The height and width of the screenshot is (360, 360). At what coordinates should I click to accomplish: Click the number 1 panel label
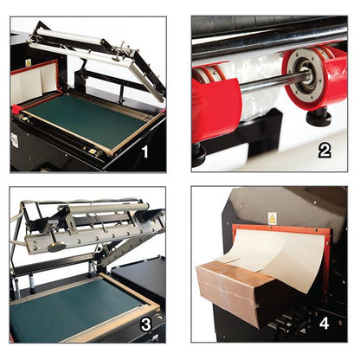(x=145, y=151)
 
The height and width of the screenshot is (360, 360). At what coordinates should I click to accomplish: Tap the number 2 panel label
(x=325, y=151)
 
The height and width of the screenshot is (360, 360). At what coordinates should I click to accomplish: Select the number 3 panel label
(x=146, y=325)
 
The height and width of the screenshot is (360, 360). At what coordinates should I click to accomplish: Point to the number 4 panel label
(x=325, y=324)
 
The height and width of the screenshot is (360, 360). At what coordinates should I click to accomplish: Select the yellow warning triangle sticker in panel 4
(x=272, y=219)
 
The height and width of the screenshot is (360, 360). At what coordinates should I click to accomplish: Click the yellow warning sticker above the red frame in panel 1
(x=29, y=62)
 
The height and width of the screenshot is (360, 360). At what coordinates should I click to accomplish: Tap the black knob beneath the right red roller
(x=318, y=118)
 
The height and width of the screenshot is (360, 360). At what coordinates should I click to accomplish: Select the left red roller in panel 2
(x=215, y=106)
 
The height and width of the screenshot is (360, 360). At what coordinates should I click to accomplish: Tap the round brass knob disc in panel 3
(x=57, y=247)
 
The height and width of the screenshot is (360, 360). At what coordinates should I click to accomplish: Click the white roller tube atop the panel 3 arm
(x=109, y=209)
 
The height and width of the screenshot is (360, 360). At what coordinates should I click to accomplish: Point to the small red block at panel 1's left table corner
(x=16, y=109)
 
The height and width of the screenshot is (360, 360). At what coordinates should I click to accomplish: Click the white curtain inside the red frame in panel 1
(x=35, y=80)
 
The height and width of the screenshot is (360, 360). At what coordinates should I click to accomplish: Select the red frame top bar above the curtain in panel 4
(x=281, y=227)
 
